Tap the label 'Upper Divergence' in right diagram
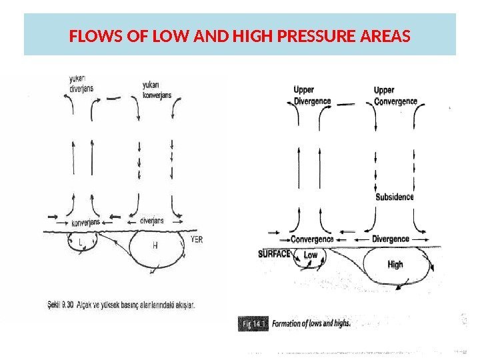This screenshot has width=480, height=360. (x=312, y=96)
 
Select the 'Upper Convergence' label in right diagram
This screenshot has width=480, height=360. (x=395, y=96)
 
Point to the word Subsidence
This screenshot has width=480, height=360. (x=395, y=197)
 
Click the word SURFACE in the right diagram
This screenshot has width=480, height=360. (x=275, y=253)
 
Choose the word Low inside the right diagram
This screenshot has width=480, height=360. (x=311, y=255)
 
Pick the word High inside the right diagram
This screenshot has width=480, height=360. (x=395, y=264)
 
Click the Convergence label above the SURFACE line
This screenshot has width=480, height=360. (x=312, y=239)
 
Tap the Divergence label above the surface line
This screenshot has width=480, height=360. (x=391, y=239)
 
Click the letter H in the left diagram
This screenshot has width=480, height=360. (x=155, y=245)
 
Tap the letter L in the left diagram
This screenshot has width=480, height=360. (x=81, y=244)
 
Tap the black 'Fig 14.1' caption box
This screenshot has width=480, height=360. (x=253, y=323)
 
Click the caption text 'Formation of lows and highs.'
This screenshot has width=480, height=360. (x=311, y=323)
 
